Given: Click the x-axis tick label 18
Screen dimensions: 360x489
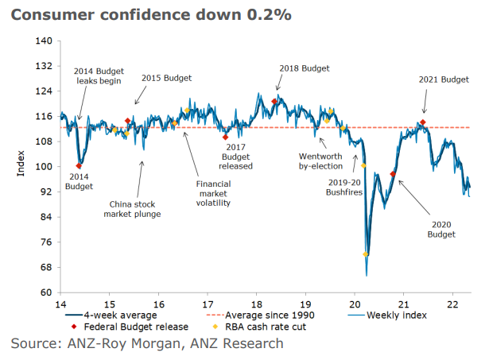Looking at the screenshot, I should tap(256, 304).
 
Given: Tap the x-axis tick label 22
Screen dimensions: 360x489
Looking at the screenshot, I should tap(452, 304).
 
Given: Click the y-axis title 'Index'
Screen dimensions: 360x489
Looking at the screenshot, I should tap(21, 166).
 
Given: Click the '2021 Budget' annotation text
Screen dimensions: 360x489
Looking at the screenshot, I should tap(444, 79).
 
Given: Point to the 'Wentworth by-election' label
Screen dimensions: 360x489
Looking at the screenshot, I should tap(320, 161).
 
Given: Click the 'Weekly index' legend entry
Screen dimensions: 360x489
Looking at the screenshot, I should tap(398, 315).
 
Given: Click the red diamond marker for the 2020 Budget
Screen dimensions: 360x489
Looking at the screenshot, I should tap(393, 174).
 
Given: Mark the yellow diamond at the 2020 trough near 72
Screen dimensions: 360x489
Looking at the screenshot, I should tap(366, 254).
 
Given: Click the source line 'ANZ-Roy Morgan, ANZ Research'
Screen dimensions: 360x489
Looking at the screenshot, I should tap(147, 343).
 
